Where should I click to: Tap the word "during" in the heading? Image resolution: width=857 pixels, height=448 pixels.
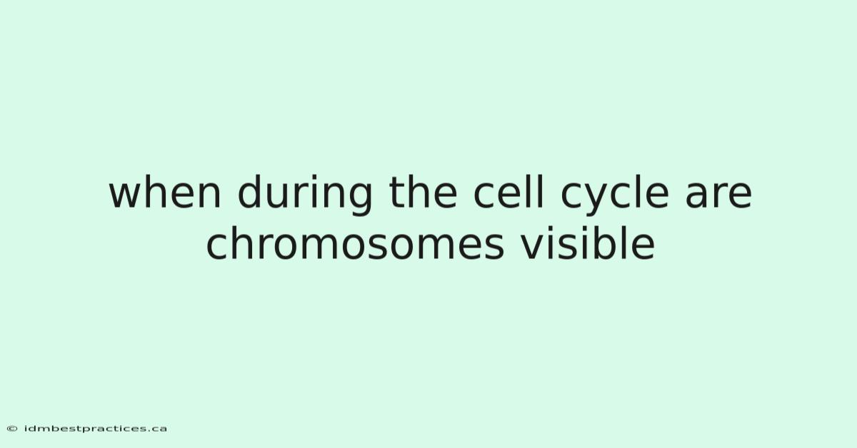click(x=305, y=195)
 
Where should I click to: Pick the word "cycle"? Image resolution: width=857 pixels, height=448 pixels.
click(x=615, y=195)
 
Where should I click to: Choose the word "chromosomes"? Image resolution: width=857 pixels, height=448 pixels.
click(x=355, y=243)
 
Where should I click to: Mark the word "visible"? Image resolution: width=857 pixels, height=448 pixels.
click(x=588, y=243)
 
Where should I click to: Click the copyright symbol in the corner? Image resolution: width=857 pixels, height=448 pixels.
click(x=12, y=429)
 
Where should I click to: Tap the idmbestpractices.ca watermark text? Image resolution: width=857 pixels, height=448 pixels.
click(x=96, y=429)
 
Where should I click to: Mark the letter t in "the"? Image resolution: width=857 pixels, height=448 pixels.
click(x=396, y=193)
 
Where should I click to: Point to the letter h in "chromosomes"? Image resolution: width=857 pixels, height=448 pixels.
click(x=244, y=243)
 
